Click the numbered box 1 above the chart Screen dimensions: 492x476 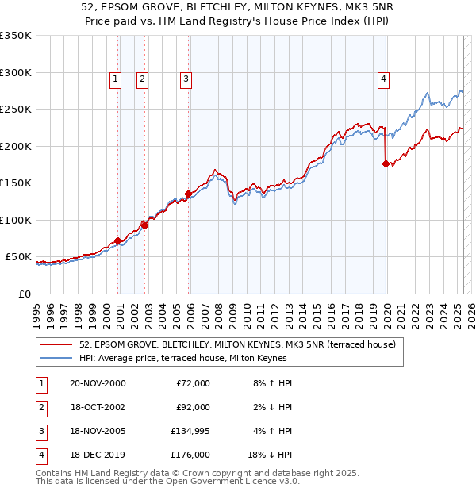[116, 79]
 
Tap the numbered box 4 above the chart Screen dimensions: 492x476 [383, 79]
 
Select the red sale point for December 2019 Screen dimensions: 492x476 [386, 164]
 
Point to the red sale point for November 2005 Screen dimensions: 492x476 [189, 194]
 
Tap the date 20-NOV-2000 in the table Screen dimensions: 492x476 [98, 383]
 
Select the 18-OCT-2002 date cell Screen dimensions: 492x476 [98, 407]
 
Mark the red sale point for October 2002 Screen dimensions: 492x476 [145, 225]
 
